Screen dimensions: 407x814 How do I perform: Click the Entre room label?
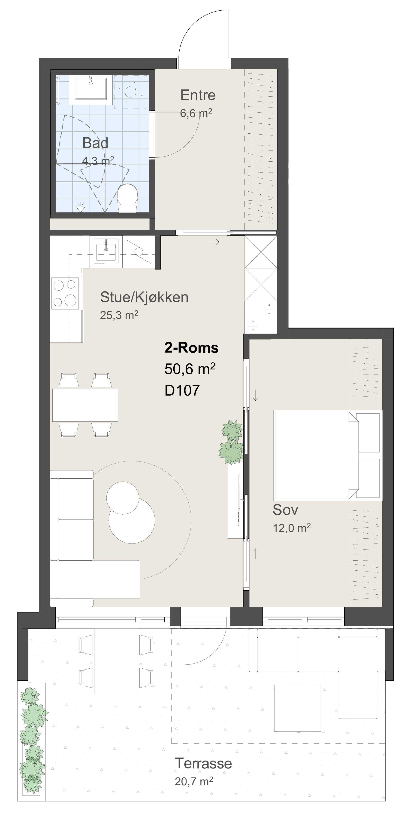click(198, 95)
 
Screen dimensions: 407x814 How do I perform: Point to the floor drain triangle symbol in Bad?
click(81, 209)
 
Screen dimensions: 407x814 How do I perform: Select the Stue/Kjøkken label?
click(144, 297)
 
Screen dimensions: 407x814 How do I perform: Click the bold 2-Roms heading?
click(192, 348)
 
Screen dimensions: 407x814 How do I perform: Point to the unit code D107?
click(182, 390)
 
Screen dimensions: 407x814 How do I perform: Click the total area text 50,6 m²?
click(190, 369)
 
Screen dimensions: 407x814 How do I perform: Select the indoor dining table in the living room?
click(85, 405)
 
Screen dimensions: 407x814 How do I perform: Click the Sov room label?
click(285, 510)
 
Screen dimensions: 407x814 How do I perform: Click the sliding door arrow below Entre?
click(214, 242)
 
